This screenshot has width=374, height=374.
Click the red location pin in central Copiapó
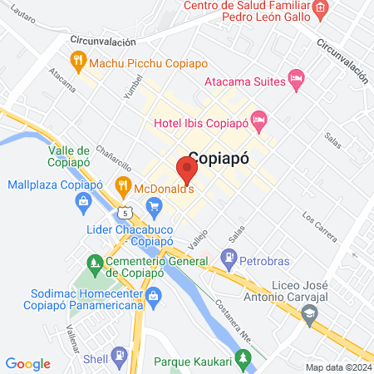[x=186, y=170]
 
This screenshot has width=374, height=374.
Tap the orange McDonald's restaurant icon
[x=123, y=184]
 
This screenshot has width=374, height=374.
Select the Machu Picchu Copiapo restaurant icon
[x=77, y=59]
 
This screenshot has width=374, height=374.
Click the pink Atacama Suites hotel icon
[x=296, y=79]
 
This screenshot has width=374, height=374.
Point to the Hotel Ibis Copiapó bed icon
[x=259, y=121]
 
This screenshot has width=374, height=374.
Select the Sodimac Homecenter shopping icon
[x=154, y=295]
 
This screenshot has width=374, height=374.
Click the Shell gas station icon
[x=121, y=357]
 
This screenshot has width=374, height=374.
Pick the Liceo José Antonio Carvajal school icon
[x=310, y=312]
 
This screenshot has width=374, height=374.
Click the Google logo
[x=28, y=363]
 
